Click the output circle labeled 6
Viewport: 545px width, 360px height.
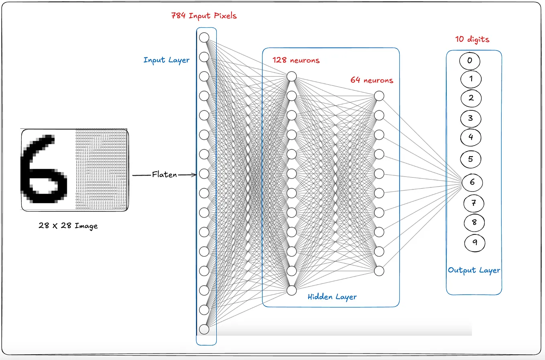click(x=472, y=182)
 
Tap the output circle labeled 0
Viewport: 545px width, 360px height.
click(x=470, y=61)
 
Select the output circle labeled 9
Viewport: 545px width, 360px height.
click(x=475, y=242)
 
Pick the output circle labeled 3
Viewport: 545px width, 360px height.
click(x=470, y=118)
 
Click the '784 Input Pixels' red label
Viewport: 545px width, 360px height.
click(x=204, y=16)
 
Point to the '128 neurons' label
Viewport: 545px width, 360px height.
click(x=296, y=60)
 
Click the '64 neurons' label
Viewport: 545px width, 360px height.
click(x=372, y=80)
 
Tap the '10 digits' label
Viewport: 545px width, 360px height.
click(x=472, y=39)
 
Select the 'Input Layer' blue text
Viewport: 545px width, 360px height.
click(x=167, y=60)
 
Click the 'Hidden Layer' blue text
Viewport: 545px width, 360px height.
click(x=332, y=297)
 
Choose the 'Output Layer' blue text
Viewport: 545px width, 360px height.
click(x=474, y=270)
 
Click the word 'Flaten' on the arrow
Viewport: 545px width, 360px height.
click(x=164, y=175)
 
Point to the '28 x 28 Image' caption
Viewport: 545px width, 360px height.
click(x=68, y=226)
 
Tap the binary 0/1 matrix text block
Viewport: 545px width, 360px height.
click(x=101, y=170)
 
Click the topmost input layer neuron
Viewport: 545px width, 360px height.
click(x=204, y=37)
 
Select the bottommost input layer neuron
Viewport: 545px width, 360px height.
click(x=204, y=329)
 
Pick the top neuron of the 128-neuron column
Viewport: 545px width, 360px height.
click(x=292, y=76)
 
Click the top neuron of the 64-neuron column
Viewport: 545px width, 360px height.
click(x=379, y=96)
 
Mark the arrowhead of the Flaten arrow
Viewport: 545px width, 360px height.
click(x=195, y=175)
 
